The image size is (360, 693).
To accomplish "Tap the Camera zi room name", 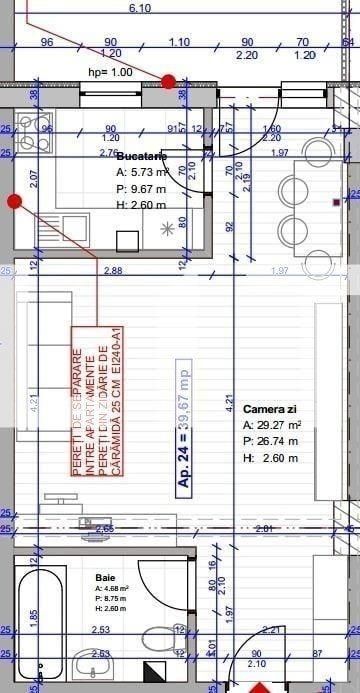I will [x=270, y=410].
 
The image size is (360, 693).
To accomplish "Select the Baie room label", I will [x=105, y=578].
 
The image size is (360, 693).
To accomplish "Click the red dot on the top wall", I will [x=169, y=81].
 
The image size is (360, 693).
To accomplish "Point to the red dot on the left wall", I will [x=14, y=201].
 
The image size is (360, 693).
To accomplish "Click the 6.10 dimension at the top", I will [x=140, y=8].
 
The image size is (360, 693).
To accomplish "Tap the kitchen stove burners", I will [x=36, y=127].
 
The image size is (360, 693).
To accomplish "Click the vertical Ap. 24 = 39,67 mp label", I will [x=184, y=425].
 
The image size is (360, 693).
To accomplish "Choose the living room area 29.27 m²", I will [x=272, y=425].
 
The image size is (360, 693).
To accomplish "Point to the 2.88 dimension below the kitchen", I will [x=112, y=271].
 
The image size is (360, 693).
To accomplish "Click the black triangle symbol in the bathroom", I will [x=153, y=671].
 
